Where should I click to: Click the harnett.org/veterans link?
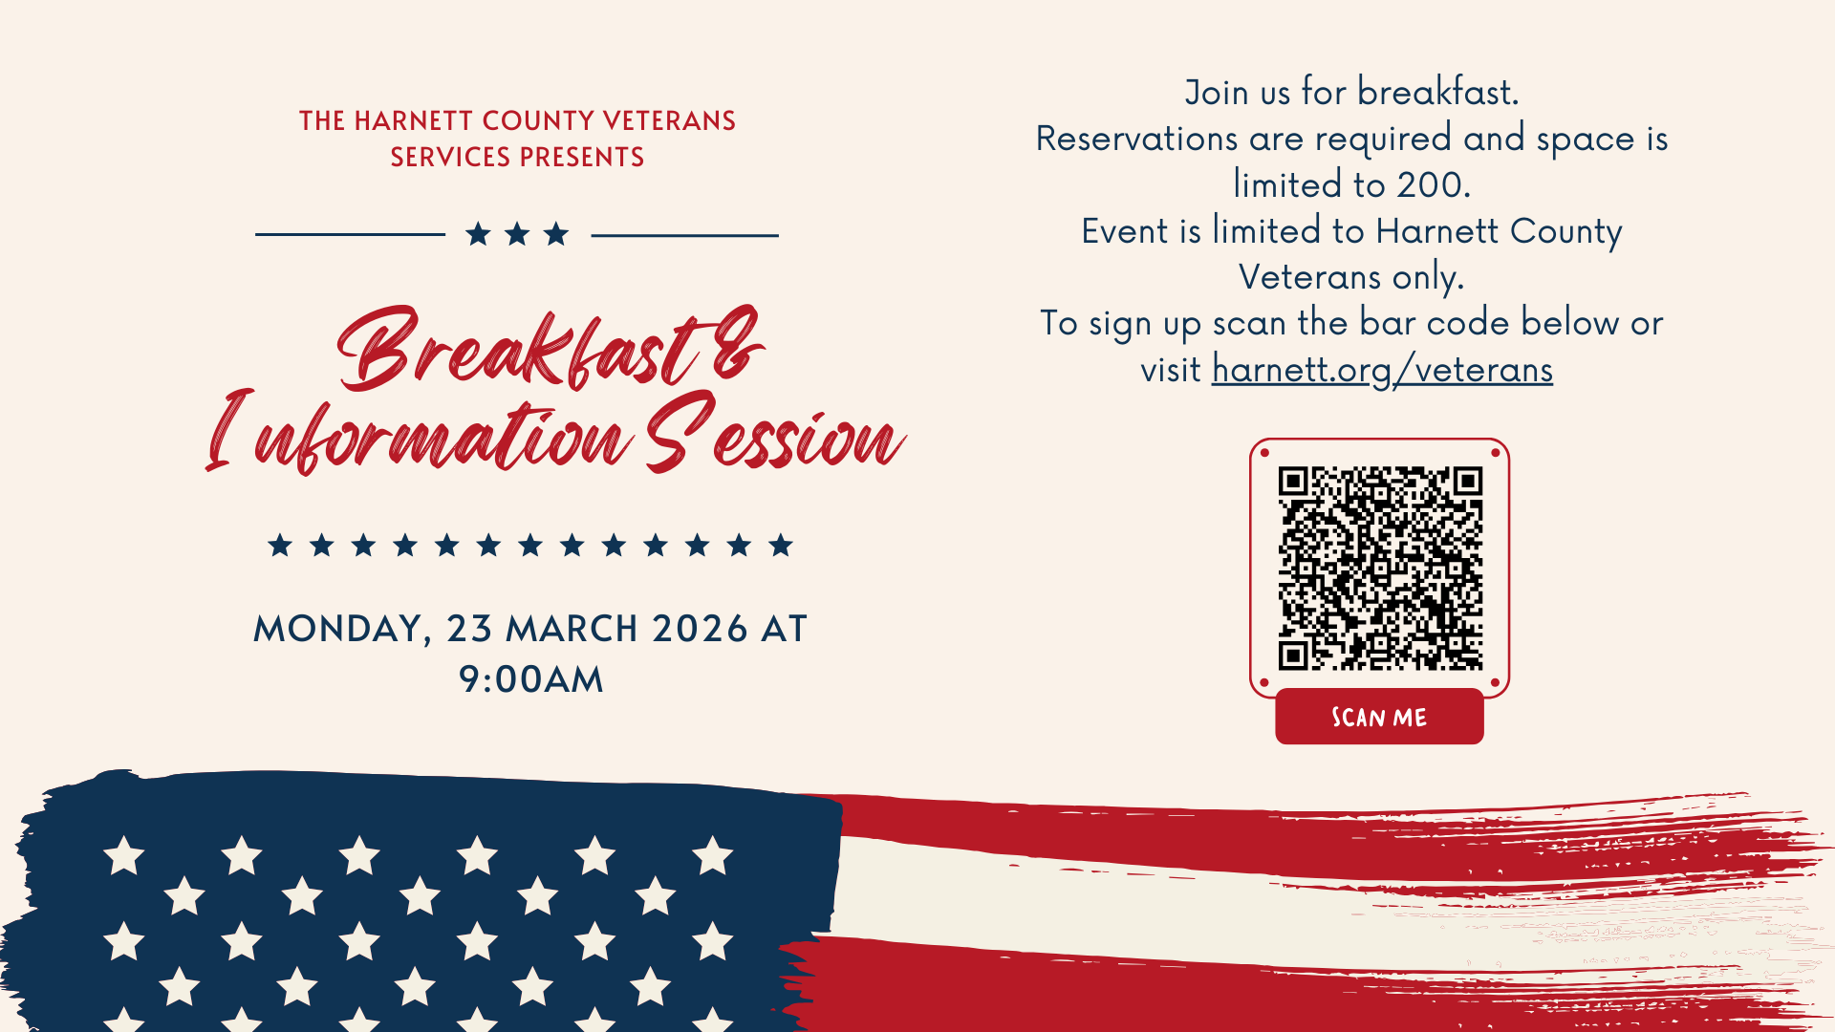(x=1382, y=370)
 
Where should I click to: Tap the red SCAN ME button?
(x=1379, y=717)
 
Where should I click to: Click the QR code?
(x=1380, y=569)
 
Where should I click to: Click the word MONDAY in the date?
(x=336, y=629)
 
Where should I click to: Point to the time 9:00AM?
(x=531, y=679)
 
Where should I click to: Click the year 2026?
(x=700, y=629)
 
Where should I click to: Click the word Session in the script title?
(x=774, y=436)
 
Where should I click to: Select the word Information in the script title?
(x=421, y=436)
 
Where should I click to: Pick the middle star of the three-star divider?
(x=517, y=234)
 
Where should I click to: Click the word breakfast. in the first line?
(x=1437, y=93)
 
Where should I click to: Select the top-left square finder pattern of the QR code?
(x=1293, y=481)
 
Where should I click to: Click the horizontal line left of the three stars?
(x=350, y=234)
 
